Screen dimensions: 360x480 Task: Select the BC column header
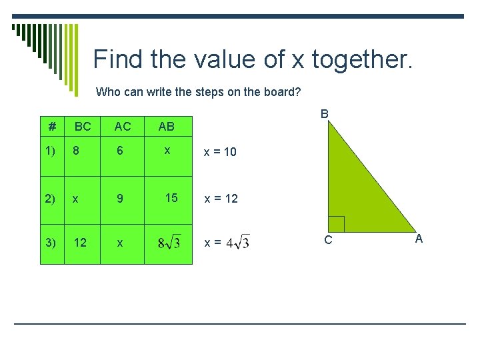tap(83, 126)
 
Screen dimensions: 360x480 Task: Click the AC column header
tap(123, 126)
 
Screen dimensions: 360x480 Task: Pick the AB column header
tap(167, 126)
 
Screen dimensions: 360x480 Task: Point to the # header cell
tap(52, 126)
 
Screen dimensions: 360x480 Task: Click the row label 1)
tap(52, 151)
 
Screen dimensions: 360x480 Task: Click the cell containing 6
tap(120, 151)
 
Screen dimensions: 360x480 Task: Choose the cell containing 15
tap(171, 198)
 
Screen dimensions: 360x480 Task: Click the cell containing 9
tap(120, 198)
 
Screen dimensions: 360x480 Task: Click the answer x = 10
tap(220, 152)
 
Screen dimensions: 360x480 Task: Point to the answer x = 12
tap(221, 199)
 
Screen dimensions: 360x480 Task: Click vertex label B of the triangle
tap(324, 114)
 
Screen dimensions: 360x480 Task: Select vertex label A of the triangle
tap(419, 239)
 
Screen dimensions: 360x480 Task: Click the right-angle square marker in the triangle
tap(336, 224)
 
